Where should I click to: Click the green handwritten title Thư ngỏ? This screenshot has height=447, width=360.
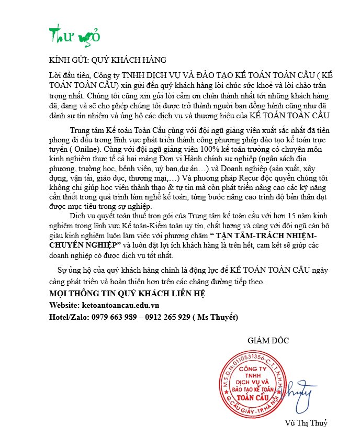click(74, 36)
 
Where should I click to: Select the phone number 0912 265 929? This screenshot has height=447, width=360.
click(166, 317)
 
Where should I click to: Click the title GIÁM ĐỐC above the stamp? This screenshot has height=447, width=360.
click(268, 341)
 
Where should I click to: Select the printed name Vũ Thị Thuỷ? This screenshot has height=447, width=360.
click(306, 423)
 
